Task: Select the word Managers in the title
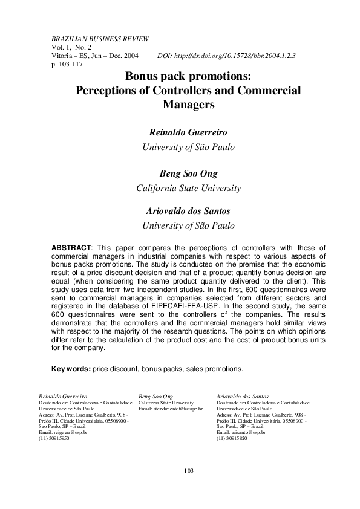189,104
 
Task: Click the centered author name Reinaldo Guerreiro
188,132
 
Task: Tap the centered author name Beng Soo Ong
188,173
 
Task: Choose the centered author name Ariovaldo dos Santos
188,212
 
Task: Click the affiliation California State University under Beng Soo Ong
188,188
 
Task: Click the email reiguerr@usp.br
64,433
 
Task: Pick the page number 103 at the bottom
188,470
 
